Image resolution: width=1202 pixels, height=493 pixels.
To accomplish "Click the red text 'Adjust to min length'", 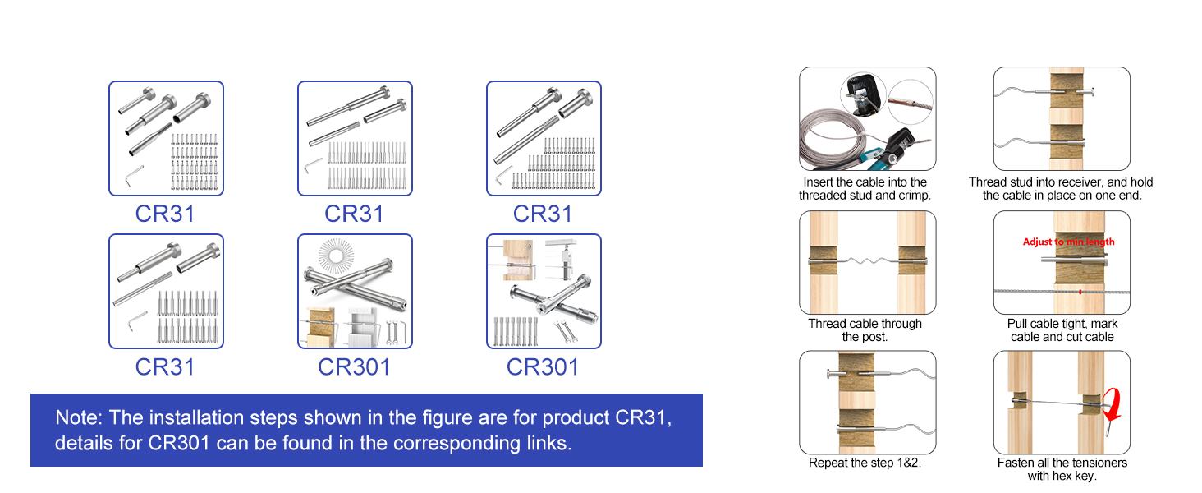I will pyautogui.click(x=1068, y=242).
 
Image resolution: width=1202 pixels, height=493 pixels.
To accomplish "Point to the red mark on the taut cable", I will pyautogui.click(x=1080, y=292).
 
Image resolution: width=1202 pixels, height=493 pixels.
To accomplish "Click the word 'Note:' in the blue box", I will pyautogui.click(x=79, y=417).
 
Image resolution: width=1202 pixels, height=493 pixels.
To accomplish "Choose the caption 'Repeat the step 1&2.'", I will pyautogui.click(x=864, y=463).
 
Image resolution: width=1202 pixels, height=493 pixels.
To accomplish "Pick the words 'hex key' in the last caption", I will pyautogui.click(x=1074, y=476).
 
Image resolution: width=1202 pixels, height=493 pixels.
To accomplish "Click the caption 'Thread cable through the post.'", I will pyautogui.click(x=865, y=330).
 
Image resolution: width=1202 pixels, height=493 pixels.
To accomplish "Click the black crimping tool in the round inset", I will pyautogui.click(x=862, y=97).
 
